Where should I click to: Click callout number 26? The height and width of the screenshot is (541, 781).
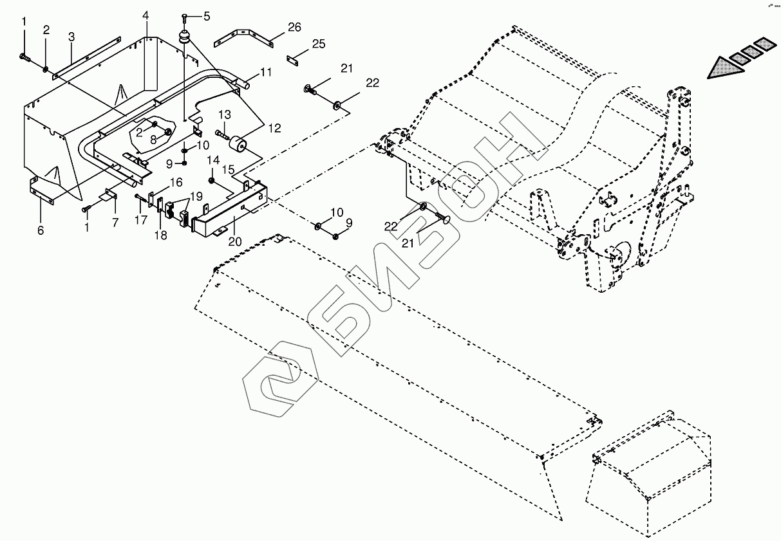coord(294,27)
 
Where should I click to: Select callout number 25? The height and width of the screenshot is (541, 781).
coord(319,44)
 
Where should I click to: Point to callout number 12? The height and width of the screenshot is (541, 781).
coord(274,128)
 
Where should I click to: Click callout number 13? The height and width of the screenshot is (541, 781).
coord(224,115)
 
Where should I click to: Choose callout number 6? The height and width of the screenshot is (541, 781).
coord(41,230)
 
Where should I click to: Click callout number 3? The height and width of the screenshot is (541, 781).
coord(71,36)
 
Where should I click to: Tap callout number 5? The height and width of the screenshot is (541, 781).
coord(207,16)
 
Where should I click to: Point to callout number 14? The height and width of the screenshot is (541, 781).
coord(212,159)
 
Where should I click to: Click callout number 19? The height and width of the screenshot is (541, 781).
coord(196,196)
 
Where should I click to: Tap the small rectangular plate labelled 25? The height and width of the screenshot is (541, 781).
coord(296,60)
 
